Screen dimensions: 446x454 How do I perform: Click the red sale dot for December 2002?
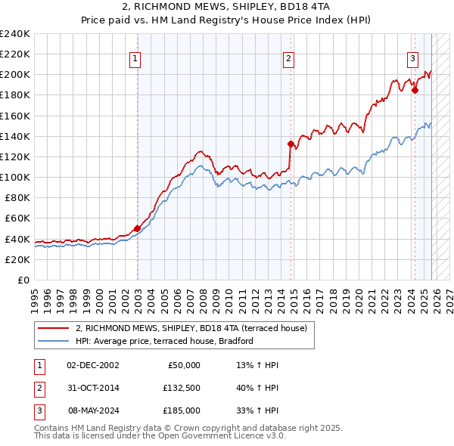point(137,228)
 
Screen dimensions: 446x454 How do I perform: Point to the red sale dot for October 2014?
point(291,144)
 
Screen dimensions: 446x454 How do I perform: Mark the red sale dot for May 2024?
point(415,90)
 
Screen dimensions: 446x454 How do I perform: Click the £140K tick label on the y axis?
point(15,136)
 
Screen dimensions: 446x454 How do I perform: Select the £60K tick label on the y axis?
point(17,218)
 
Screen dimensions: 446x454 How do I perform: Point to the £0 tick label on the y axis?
point(23,280)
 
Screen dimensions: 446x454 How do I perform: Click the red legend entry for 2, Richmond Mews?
point(191,329)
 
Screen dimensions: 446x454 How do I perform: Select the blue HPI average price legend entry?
point(164,341)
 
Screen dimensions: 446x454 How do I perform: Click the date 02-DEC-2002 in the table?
point(92,365)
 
